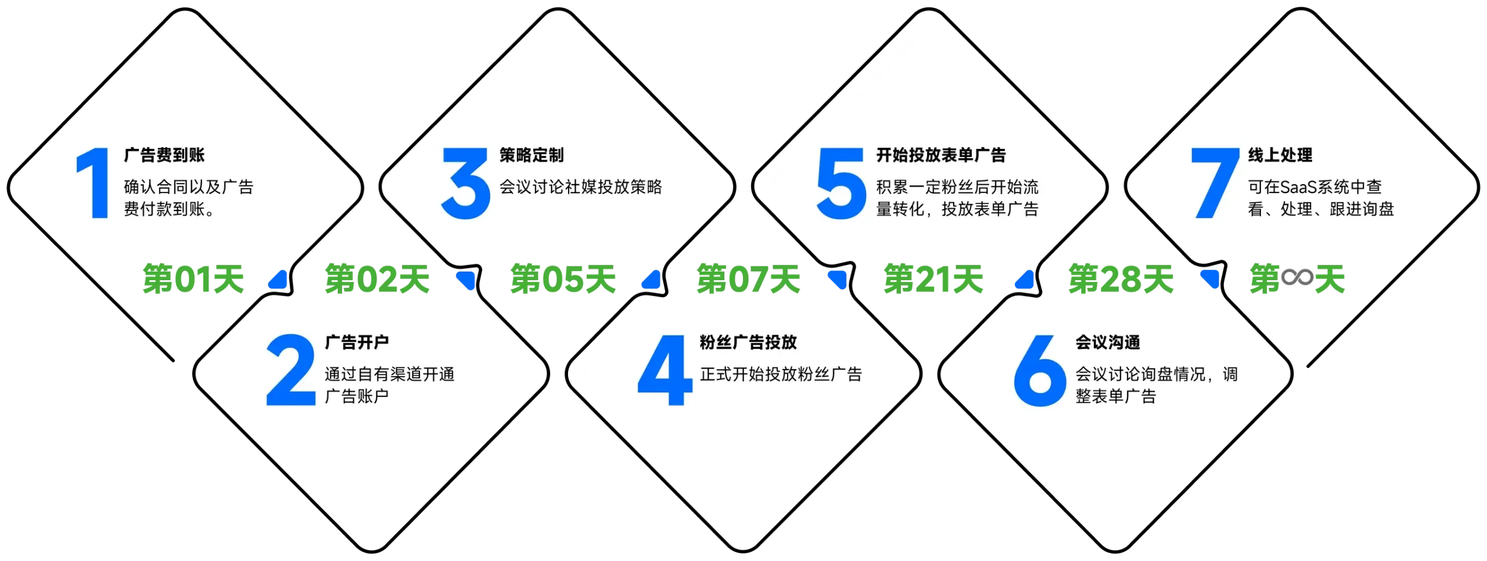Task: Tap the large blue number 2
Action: coord(290,370)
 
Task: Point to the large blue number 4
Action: coord(665,370)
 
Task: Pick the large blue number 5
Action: coord(841,184)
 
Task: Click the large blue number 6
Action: coord(1040,370)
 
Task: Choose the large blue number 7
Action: coord(1215,184)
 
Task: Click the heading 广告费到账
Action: coord(164,155)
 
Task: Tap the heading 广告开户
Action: coord(357,342)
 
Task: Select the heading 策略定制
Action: coord(531,155)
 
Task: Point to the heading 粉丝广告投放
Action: coord(748,342)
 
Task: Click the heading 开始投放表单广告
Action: coord(941,155)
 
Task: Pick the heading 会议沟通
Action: coord(1108,342)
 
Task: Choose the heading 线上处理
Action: coord(1280,155)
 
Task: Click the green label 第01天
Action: coord(193,279)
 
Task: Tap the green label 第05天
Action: coord(562,279)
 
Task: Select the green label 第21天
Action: coord(933,279)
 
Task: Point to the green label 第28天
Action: coord(1120,279)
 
